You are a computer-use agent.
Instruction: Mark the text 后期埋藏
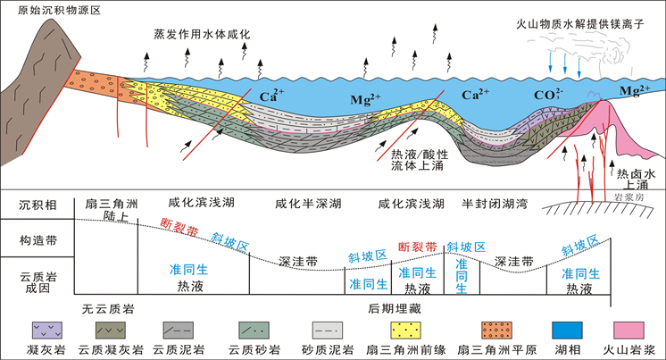pyautogui.click(x=392, y=309)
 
